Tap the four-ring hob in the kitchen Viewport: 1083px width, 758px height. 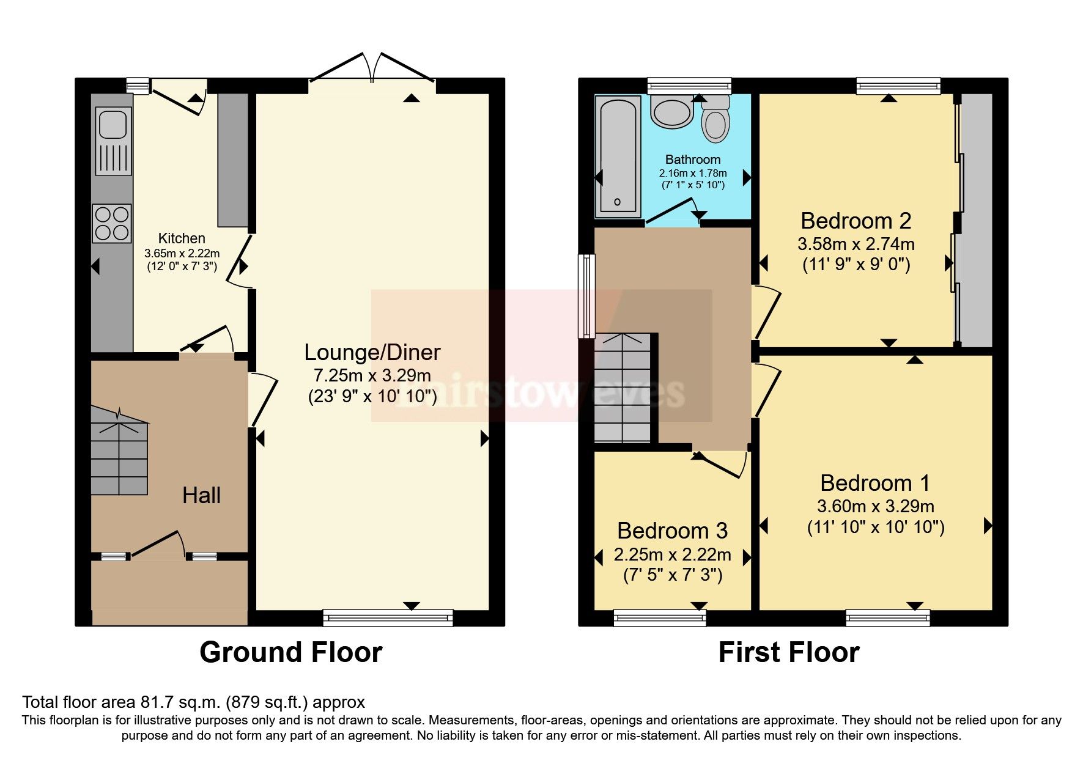click(112, 223)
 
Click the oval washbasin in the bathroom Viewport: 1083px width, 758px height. click(671, 112)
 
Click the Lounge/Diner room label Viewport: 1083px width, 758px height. click(372, 352)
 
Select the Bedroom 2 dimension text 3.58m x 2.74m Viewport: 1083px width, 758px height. click(856, 244)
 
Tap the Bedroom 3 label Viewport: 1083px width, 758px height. click(672, 531)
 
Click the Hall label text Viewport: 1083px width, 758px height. click(201, 495)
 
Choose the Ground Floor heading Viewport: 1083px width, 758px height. click(291, 652)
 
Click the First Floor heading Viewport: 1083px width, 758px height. click(788, 652)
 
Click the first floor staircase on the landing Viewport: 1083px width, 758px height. click(623, 388)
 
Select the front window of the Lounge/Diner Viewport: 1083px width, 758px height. click(388, 618)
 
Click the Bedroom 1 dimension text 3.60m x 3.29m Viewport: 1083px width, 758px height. click(875, 506)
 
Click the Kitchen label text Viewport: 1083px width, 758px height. click(182, 238)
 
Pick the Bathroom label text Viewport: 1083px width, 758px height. click(692, 160)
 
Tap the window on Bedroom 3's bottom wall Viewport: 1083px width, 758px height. click(660, 618)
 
